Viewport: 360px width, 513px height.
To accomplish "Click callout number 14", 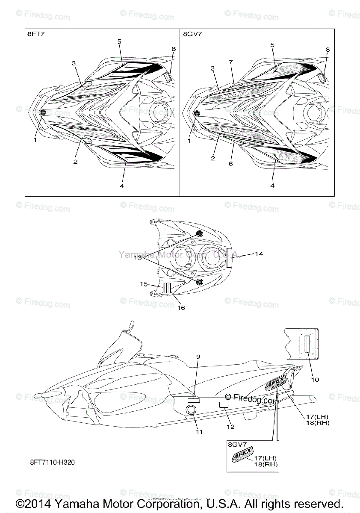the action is coord(259,254).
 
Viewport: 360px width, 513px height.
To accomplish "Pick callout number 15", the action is coord(144,284).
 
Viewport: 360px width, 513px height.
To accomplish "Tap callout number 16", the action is coord(181,307).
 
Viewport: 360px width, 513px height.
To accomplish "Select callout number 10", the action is coord(315,379).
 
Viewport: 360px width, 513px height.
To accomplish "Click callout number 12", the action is coord(230,426).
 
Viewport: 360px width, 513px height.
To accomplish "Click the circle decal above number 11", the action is coord(191,410).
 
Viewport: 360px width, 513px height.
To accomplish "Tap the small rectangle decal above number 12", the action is coord(223,404).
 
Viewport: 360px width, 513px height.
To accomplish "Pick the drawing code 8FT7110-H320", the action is coord(54,463).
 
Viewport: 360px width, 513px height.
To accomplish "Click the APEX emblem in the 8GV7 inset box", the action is coord(243,454).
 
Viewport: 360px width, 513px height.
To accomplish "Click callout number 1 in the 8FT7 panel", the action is coord(35,139).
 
